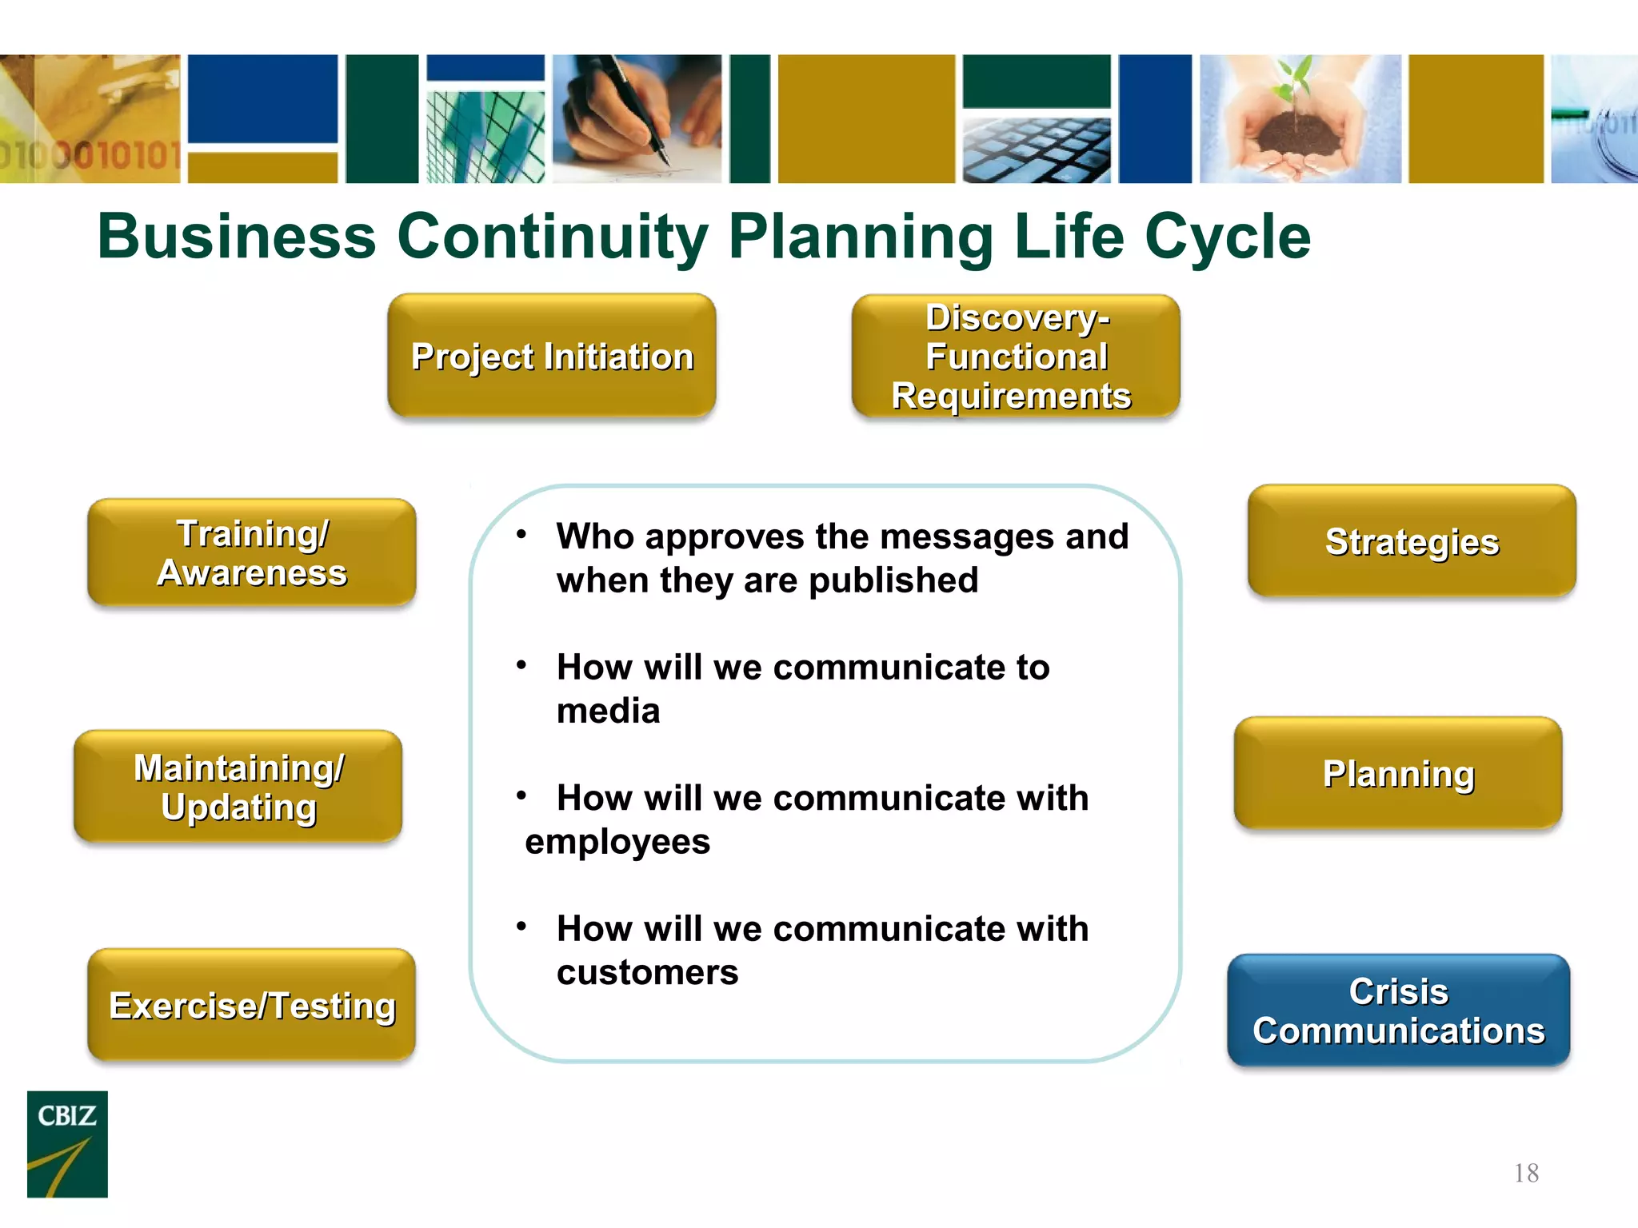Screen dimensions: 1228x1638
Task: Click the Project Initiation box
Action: [551, 356]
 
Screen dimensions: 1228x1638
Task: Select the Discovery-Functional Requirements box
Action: [1015, 356]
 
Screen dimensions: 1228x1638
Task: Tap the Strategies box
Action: [1412, 541]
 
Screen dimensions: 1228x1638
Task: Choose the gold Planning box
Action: [1398, 773]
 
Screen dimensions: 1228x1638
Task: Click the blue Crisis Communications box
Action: [1398, 1011]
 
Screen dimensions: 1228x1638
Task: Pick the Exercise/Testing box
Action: [251, 1005]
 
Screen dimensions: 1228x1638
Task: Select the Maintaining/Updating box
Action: [238, 786]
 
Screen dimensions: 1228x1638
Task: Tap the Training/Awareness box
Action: [251, 552]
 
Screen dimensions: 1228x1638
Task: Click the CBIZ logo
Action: [67, 1143]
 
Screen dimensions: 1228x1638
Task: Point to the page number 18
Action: [1526, 1173]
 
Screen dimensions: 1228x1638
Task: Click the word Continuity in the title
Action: [552, 237]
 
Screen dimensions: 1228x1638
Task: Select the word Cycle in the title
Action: [1228, 237]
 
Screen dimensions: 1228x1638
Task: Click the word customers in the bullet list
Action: [647, 972]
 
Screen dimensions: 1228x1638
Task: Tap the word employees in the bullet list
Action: [617, 842]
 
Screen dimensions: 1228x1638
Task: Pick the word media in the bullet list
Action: [608, 711]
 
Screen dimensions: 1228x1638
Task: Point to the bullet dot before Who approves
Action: [521, 534]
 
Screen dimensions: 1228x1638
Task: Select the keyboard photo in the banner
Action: [1037, 150]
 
